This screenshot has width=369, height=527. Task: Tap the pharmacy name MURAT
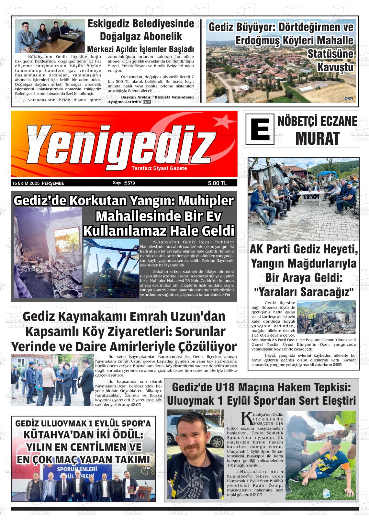[317, 138]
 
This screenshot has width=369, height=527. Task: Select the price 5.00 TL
[218, 183]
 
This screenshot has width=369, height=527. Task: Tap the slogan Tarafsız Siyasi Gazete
[159, 168]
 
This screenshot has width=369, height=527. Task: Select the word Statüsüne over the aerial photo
[330, 54]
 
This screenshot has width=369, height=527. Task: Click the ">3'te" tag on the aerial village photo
[349, 99]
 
